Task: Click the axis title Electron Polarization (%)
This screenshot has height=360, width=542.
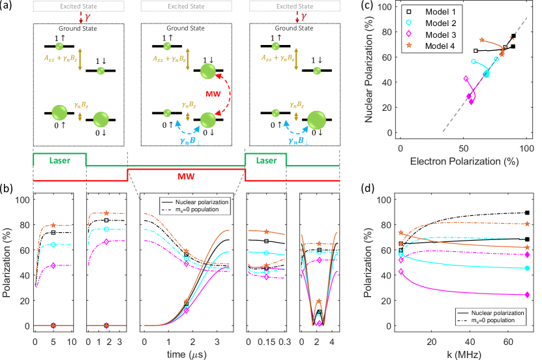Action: tap(464, 160)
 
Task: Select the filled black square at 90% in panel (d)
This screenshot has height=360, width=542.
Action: tap(527, 213)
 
